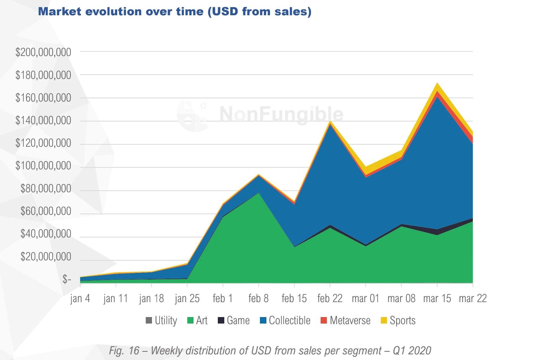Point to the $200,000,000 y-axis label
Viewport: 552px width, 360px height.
click(43, 53)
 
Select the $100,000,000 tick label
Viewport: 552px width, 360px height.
click(43, 166)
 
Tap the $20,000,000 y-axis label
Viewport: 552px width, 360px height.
click(46, 257)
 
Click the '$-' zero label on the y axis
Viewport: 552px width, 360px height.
click(67, 279)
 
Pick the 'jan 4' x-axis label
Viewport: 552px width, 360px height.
click(80, 299)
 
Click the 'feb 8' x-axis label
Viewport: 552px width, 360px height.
click(258, 299)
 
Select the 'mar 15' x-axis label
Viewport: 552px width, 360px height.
click(437, 299)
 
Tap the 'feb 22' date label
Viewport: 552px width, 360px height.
click(330, 299)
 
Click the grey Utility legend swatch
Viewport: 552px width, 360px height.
click(149, 320)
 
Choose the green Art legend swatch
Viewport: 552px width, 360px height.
click(190, 320)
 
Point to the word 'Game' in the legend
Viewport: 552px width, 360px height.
click(238, 320)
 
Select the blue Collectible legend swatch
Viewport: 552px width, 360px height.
click(263, 320)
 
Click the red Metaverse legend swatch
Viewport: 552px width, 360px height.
click(324, 320)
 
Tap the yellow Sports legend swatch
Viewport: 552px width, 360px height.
click(384, 320)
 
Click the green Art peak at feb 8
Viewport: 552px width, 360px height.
click(258, 193)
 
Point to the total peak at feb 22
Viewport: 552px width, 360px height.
click(330, 122)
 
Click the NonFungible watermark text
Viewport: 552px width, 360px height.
click(281, 114)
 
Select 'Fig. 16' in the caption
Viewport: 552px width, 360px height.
click(124, 351)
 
